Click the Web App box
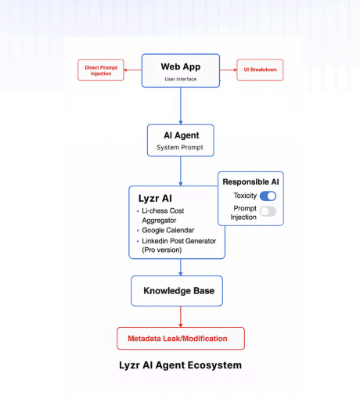point(181,70)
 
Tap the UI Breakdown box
point(260,70)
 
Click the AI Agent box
point(181,140)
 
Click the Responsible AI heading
point(250,182)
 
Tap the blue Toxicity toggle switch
point(268,196)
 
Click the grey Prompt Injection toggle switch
point(268,211)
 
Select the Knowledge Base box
point(178,292)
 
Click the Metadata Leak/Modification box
point(180,338)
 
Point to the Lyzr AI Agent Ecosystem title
point(180,365)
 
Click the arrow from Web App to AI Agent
point(181,106)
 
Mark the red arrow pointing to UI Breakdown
point(229,70)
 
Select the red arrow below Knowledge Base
point(181,316)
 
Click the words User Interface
point(181,79)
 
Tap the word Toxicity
point(245,196)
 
